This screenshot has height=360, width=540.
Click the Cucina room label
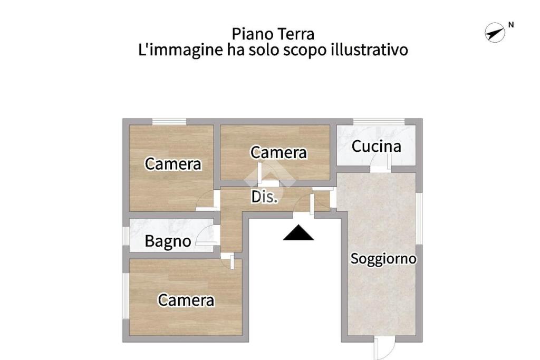tap(376, 147)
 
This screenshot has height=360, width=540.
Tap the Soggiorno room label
tap(383, 258)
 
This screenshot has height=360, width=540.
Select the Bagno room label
tap(168, 241)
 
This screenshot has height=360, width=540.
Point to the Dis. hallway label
tap(264, 197)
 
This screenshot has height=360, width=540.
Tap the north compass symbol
tap(495, 33)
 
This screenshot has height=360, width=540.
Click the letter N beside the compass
tap(511, 25)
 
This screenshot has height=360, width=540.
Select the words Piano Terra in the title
tap(273, 34)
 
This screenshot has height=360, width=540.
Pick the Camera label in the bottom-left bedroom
tap(186, 300)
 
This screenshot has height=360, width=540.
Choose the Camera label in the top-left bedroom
tap(173, 164)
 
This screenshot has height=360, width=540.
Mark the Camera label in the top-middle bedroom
tap(278, 152)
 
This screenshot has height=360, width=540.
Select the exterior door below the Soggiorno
tap(384, 348)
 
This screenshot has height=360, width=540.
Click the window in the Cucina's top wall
tap(379, 121)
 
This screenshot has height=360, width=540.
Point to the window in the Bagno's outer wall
tap(126, 236)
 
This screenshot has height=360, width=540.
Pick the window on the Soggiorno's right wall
tap(419, 219)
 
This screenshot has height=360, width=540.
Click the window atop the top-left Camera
tap(169, 121)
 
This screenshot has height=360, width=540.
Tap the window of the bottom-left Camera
tap(126, 296)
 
